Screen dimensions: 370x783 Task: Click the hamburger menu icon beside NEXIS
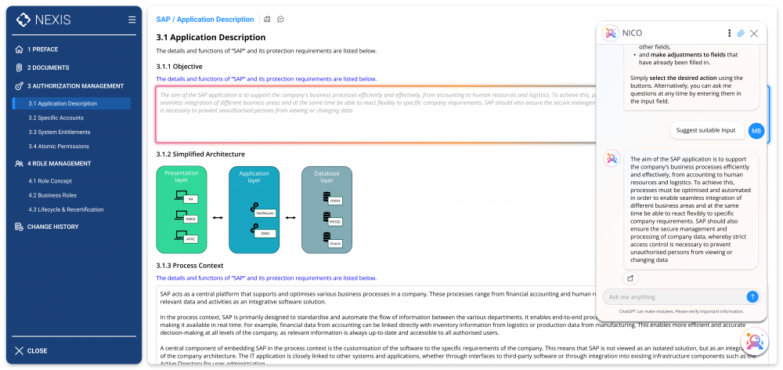click(132, 20)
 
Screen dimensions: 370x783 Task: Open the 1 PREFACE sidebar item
click(43, 49)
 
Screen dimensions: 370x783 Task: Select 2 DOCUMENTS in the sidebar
click(48, 67)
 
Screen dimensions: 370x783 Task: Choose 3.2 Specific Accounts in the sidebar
click(56, 118)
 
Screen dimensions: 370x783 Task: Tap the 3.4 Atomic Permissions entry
click(59, 146)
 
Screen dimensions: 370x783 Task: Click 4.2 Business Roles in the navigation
click(54, 195)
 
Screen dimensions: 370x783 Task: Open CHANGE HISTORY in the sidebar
click(52, 227)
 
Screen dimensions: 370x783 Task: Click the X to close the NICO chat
click(754, 34)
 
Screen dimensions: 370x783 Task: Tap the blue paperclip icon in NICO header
click(741, 34)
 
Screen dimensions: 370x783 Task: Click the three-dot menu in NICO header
click(729, 34)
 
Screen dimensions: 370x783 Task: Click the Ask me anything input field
click(673, 297)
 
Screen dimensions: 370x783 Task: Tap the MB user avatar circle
click(756, 130)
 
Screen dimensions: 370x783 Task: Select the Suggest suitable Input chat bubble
click(705, 130)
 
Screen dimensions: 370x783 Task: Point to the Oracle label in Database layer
click(334, 243)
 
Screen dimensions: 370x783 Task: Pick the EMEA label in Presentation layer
click(191, 219)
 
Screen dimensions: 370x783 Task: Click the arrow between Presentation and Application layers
click(218, 218)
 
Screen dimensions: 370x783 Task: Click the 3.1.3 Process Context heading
click(189, 266)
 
